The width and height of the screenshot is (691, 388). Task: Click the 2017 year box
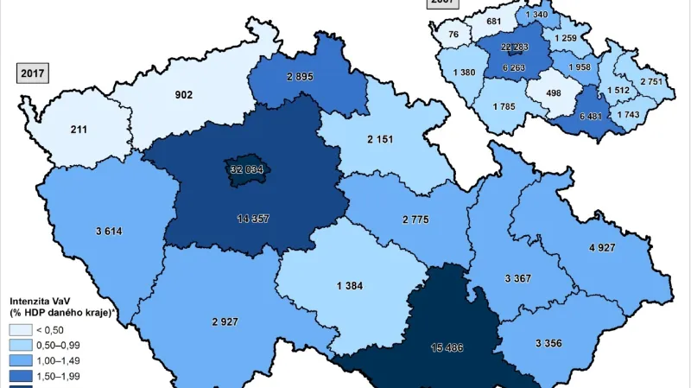tap(32, 72)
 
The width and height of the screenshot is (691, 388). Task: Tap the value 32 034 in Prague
tap(246, 169)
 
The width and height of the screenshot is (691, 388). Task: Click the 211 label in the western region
tap(79, 130)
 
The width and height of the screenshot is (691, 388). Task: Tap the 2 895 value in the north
tap(306, 77)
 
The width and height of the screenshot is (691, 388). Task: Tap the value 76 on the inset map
tap(453, 35)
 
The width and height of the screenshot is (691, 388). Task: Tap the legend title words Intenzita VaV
tap(41, 299)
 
